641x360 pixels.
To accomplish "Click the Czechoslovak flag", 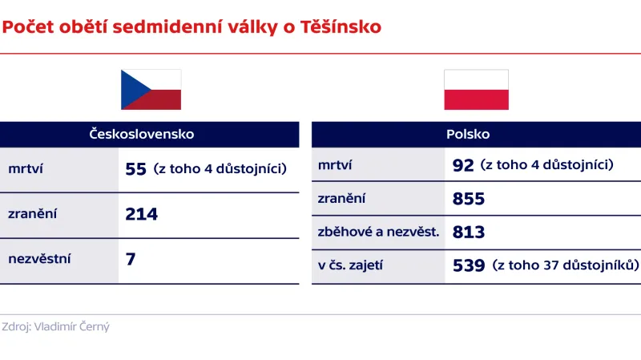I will (x=151, y=90).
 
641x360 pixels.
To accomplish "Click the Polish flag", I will (x=477, y=90).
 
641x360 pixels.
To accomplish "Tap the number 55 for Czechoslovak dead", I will (x=136, y=169).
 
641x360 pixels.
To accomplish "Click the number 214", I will (x=142, y=214).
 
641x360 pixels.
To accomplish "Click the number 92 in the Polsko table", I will (x=463, y=166).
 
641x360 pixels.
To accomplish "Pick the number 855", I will (x=469, y=199).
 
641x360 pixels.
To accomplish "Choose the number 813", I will (x=469, y=233).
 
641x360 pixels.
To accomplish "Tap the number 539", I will (x=469, y=265).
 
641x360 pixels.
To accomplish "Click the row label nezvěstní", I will (x=39, y=259).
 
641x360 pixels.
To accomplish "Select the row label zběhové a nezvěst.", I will (x=378, y=233).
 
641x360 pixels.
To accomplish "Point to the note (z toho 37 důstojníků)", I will (x=566, y=265).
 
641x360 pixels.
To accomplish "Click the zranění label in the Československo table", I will (x=33, y=214).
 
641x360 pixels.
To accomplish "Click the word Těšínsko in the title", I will (x=341, y=28).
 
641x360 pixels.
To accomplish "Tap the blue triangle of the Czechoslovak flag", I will (x=130, y=90).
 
